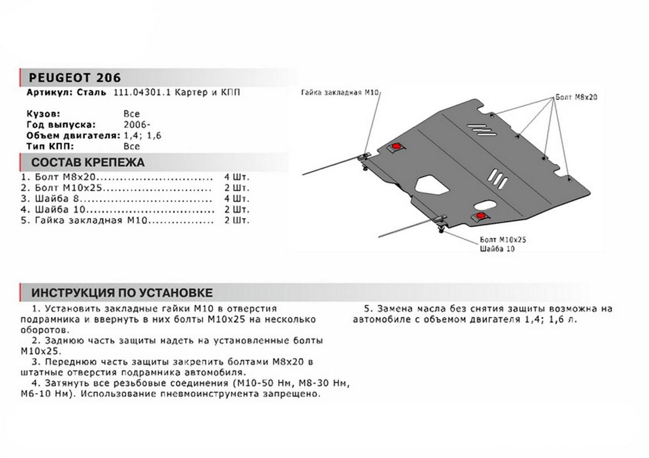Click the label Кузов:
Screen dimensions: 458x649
43,114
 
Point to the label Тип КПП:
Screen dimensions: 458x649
49,146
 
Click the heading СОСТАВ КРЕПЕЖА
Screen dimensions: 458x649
88,163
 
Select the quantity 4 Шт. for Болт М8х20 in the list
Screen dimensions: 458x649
237,177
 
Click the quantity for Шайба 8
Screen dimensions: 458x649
237,198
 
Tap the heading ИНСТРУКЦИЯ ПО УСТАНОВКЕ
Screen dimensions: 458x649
122,293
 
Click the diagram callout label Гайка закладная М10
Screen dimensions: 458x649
339,93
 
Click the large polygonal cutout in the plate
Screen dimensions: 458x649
431,185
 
